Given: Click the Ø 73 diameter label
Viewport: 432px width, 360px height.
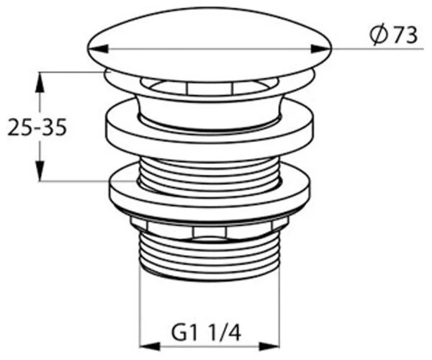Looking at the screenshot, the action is (x=393, y=35).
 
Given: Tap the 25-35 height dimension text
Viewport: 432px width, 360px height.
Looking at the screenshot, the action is (x=37, y=127).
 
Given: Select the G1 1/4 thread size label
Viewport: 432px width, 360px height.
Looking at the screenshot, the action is (x=206, y=333).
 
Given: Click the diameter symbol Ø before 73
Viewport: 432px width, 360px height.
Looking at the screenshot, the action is (x=377, y=36).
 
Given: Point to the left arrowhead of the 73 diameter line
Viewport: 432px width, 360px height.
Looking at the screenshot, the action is (x=97, y=49).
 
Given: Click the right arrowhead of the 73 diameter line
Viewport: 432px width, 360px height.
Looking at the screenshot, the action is (x=320, y=49).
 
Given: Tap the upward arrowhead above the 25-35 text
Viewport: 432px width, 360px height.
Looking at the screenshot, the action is (x=40, y=82).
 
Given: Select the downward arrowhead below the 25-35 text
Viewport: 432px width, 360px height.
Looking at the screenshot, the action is (x=40, y=171).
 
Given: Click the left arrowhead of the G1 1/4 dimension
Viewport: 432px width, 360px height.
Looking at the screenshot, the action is (x=150, y=347).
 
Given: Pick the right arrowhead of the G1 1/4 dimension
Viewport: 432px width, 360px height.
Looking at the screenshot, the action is (x=269, y=347).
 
